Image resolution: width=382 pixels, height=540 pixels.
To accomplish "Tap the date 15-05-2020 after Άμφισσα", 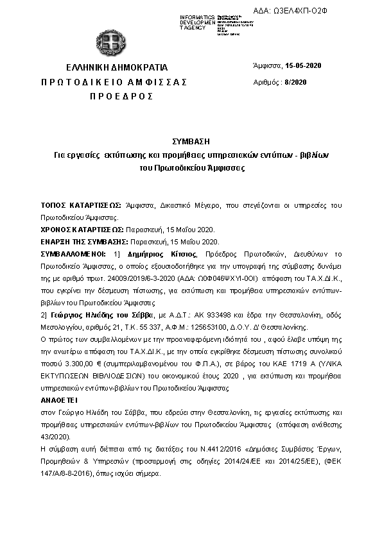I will tap(304, 65).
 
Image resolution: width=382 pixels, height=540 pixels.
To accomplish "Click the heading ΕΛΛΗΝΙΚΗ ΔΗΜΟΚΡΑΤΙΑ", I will tap(117, 67).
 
